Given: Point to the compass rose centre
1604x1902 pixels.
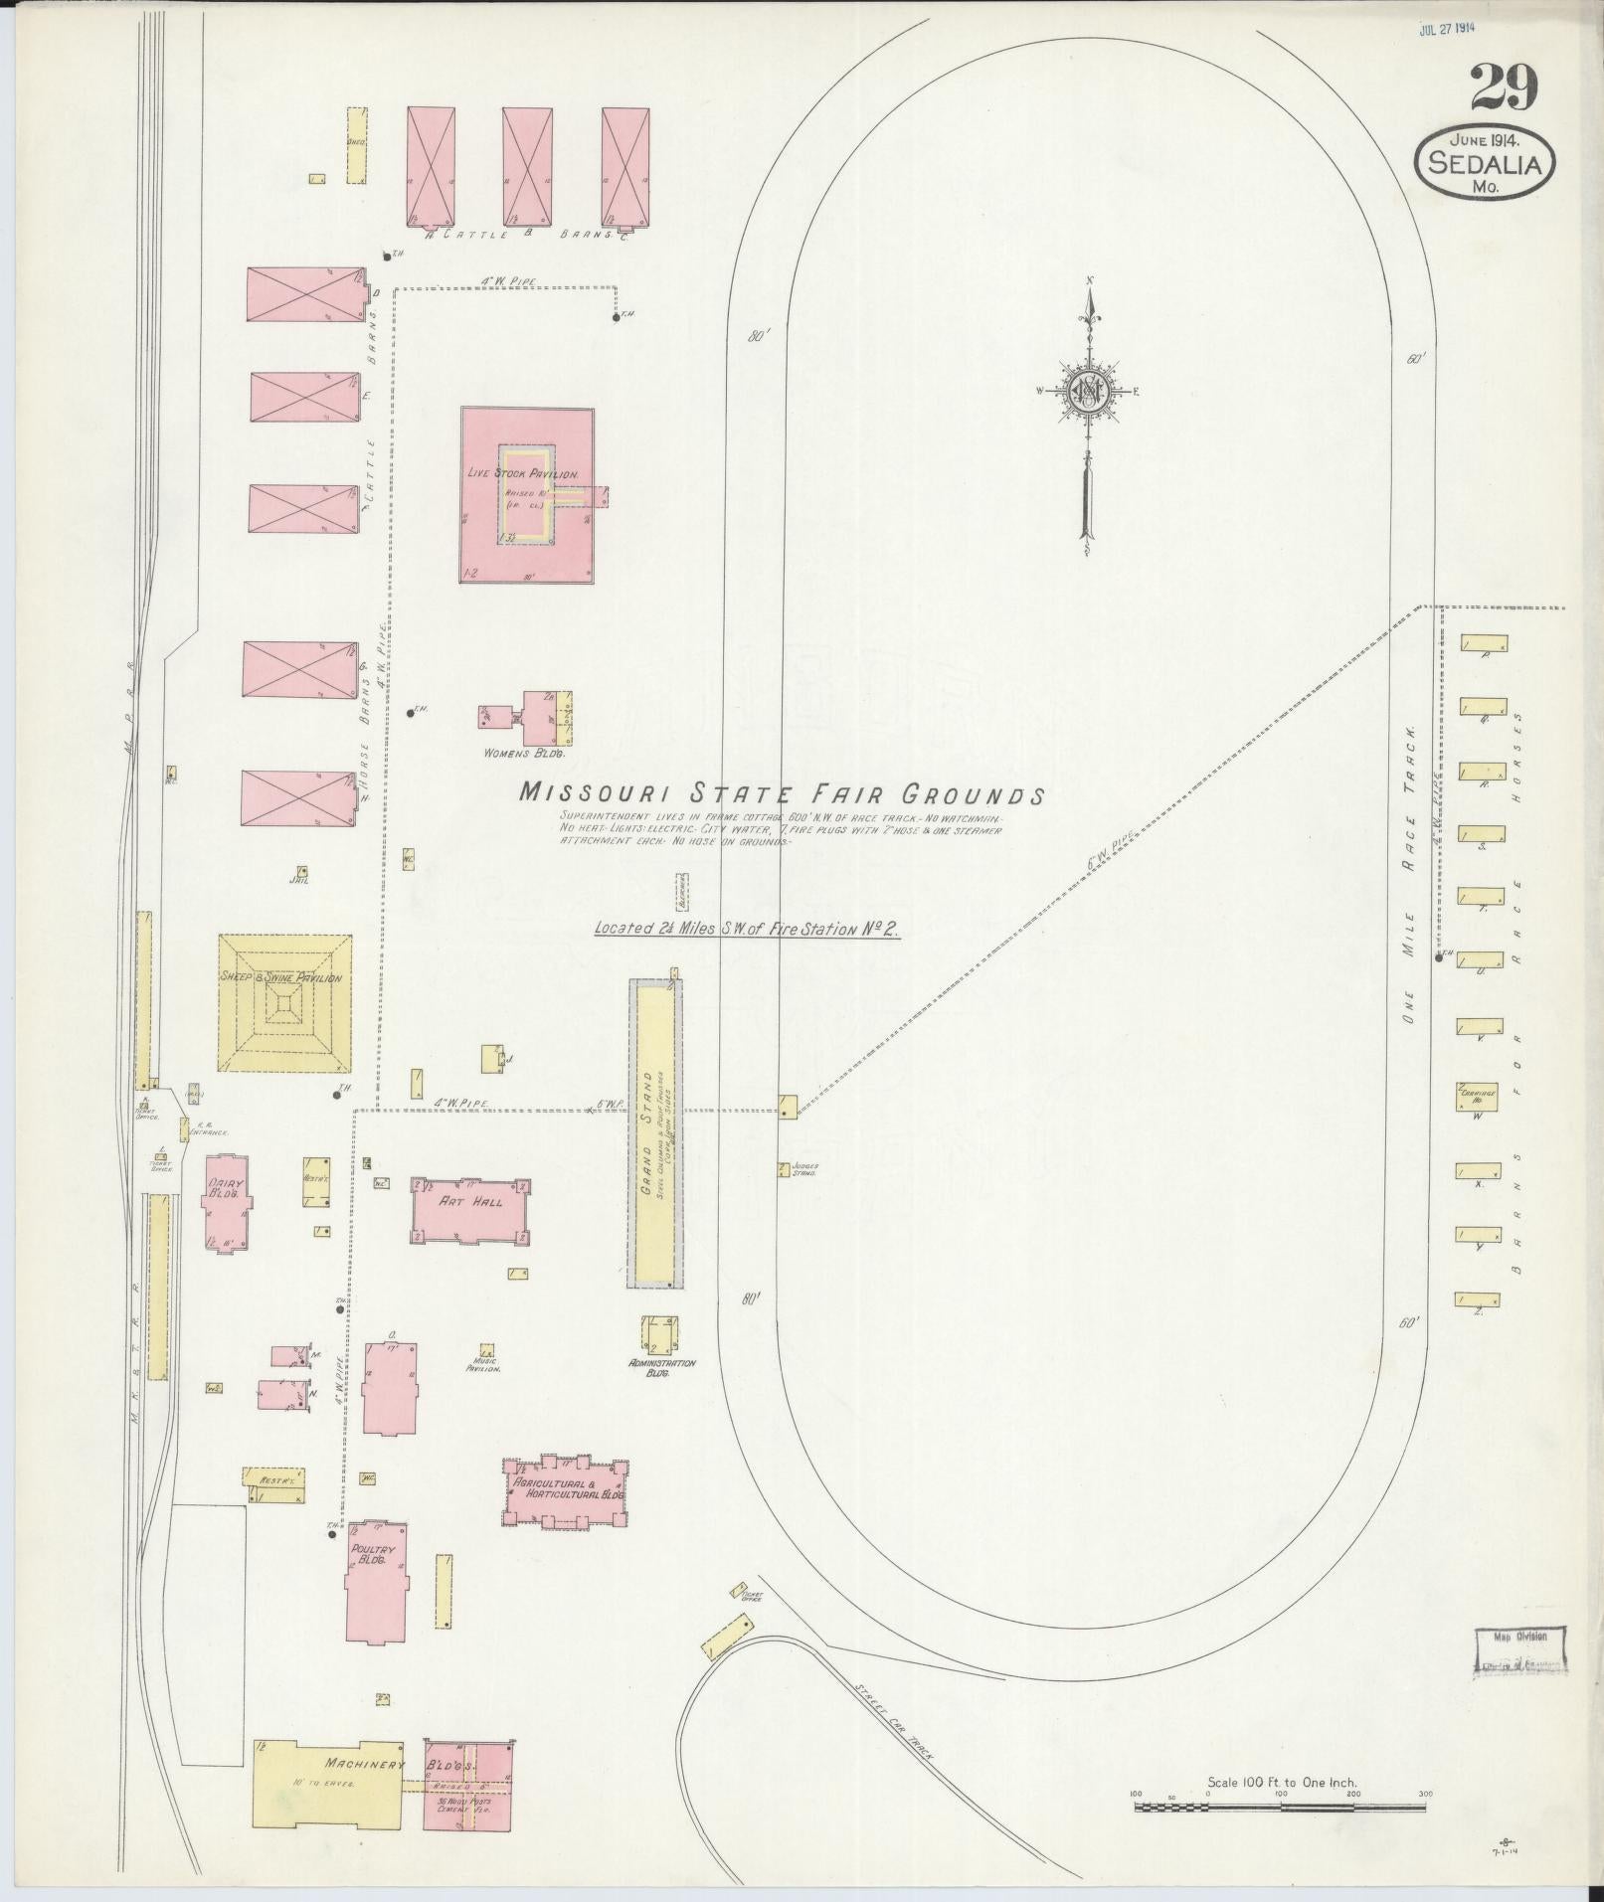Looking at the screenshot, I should tap(1089, 391).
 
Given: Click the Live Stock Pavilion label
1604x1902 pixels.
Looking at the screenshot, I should tap(523, 475).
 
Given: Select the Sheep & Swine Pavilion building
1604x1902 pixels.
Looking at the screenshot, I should tap(284, 1004).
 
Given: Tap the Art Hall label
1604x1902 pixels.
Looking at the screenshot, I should tap(471, 1201).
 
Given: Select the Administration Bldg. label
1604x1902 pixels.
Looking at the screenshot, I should tap(661, 1368).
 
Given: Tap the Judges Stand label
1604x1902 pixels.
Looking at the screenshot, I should tap(803, 1169).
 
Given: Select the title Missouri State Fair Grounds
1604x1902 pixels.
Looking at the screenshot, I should tap(782, 794).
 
